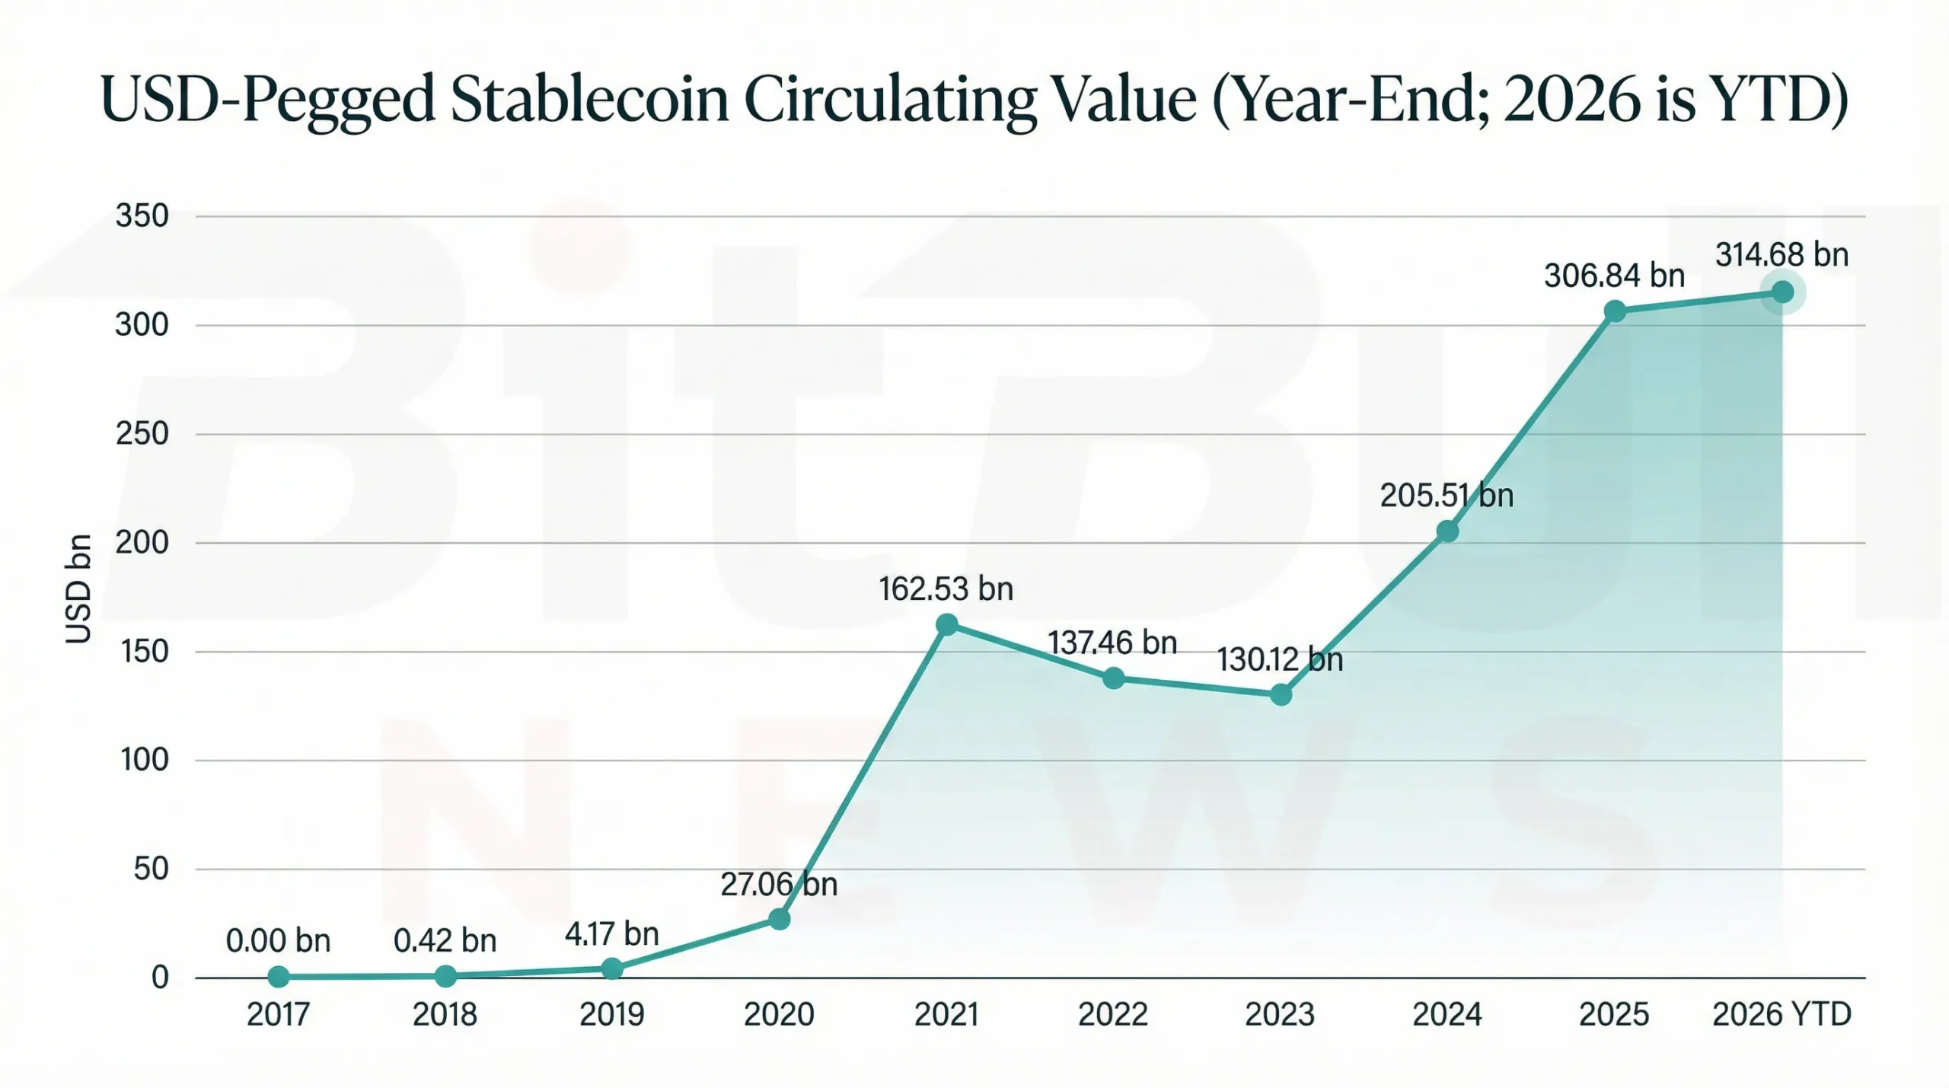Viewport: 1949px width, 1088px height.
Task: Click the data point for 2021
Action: (946, 625)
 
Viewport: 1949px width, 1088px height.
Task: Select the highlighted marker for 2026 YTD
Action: (1782, 292)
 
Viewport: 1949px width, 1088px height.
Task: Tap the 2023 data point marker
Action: (1281, 694)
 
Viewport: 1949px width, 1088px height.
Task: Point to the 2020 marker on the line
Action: (779, 919)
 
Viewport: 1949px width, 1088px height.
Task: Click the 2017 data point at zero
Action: (279, 976)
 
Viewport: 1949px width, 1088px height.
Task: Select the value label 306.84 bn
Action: (1614, 276)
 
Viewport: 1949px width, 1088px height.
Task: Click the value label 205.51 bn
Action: (1447, 496)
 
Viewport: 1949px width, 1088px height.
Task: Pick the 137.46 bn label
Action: (1112, 643)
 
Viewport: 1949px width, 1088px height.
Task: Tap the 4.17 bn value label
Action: (611, 934)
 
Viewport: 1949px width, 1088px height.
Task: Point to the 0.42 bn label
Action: (445, 941)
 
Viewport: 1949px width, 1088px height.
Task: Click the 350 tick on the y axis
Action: (142, 216)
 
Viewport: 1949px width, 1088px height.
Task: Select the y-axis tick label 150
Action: (144, 652)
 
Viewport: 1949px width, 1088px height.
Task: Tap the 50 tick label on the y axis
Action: (151, 869)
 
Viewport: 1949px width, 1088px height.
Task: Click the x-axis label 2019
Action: (611, 1014)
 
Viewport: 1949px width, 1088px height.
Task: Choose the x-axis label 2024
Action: (1447, 1014)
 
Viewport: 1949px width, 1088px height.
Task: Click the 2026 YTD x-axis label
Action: (1782, 1014)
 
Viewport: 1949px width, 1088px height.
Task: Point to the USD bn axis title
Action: (78, 589)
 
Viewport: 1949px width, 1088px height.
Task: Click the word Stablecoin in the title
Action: (589, 101)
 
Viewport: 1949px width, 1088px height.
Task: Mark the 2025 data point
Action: (1615, 311)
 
